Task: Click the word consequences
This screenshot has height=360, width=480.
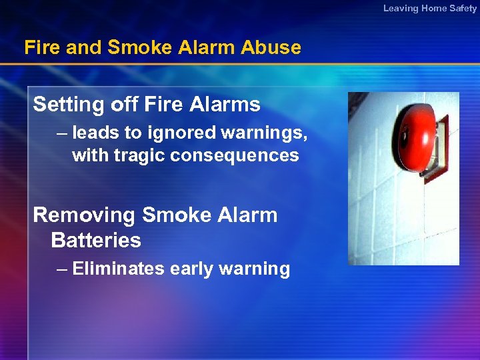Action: coord(235,155)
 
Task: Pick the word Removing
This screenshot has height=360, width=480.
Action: coord(84,215)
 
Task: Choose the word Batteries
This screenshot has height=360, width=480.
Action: coord(96,240)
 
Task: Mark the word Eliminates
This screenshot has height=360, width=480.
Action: coord(119,269)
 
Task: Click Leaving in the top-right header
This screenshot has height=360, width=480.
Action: coord(401,9)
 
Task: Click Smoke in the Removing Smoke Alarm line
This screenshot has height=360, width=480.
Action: coord(174,215)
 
